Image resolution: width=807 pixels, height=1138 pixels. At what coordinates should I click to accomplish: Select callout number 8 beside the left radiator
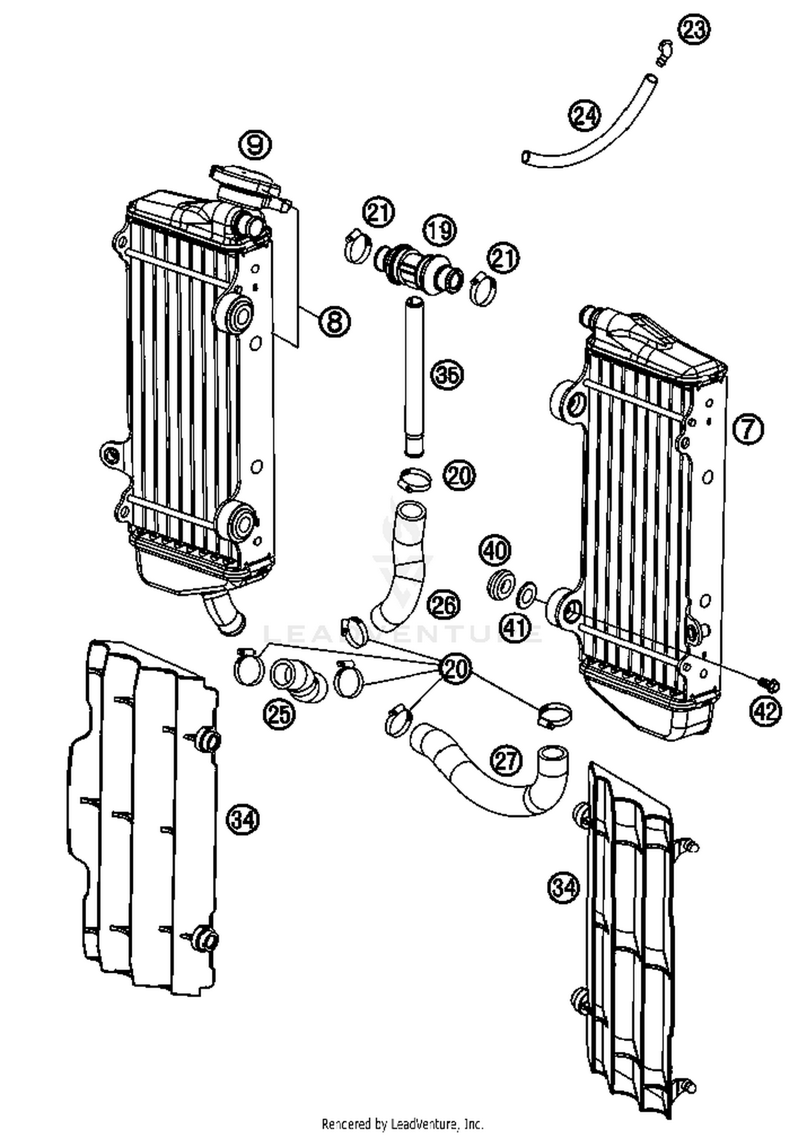(334, 321)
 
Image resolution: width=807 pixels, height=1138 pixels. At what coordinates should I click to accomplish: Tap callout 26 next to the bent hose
(444, 605)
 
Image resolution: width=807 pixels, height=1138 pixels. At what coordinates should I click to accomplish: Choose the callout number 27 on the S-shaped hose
(507, 761)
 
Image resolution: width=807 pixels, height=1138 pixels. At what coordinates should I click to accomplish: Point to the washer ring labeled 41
(526, 596)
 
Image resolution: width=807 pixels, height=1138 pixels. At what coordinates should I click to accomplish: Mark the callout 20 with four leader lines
(455, 669)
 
